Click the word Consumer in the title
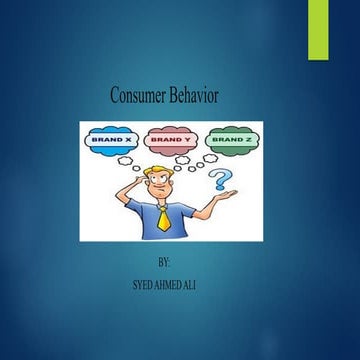coord(139,95)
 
